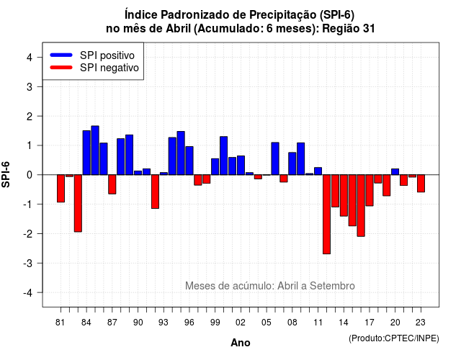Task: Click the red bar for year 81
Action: pyautogui.click(x=61, y=189)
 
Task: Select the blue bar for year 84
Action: pyautogui.click(x=86, y=153)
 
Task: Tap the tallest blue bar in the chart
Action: pyautogui.click(x=95, y=150)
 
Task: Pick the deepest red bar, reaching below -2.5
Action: pyautogui.click(x=326, y=215)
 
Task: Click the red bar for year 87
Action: pyautogui.click(x=112, y=184)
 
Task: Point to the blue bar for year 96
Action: pyautogui.click(x=189, y=161)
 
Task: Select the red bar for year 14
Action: pyautogui.click(x=344, y=195)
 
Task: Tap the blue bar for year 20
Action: pyautogui.click(x=395, y=171)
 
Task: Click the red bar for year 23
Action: pyautogui.click(x=421, y=184)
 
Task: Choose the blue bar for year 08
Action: pyautogui.click(x=292, y=163)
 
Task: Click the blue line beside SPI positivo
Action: pyautogui.click(x=61, y=55)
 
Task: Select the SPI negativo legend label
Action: pyautogui.click(x=109, y=68)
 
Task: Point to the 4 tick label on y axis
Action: pyautogui.click(x=30, y=58)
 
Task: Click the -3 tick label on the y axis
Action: pyautogui.click(x=27, y=263)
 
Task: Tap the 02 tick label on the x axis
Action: pyautogui.click(x=241, y=323)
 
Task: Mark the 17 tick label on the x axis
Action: pyautogui.click(x=370, y=323)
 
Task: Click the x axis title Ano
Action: pyautogui.click(x=241, y=343)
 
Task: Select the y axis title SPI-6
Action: pyautogui.click(x=6, y=174)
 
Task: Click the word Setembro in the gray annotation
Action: pyautogui.click(x=332, y=286)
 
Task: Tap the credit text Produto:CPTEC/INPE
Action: pyautogui.click(x=394, y=338)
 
